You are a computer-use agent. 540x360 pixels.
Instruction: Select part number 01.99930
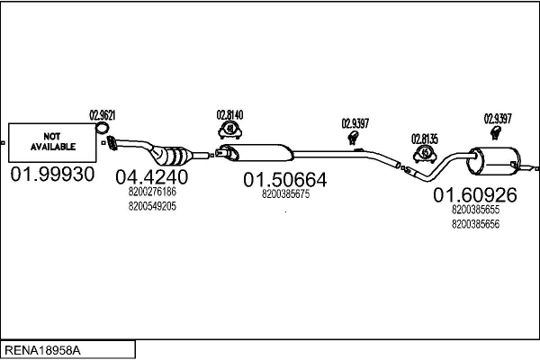(x=52, y=173)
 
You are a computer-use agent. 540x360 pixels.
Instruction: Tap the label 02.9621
(x=102, y=114)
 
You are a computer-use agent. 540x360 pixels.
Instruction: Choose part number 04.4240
(x=152, y=176)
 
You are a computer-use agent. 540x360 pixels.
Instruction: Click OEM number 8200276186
(x=152, y=192)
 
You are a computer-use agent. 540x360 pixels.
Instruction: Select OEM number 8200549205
(x=152, y=205)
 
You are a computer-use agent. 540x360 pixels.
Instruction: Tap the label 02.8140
(x=229, y=114)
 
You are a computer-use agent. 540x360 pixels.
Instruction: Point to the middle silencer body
(x=260, y=150)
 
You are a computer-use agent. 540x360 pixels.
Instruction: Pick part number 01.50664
(x=284, y=180)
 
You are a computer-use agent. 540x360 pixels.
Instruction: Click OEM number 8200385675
(x=285, y=193)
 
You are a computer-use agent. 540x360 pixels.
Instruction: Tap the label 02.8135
(x=426, y=139)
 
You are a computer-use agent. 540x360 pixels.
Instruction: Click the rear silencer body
(x=493, y=163)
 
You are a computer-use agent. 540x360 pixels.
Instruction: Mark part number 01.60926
(x=474, y=194)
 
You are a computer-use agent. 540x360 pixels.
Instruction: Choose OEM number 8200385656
(x=475, y=223)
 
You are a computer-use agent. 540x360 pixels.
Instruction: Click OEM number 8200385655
(x=475, y=210)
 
